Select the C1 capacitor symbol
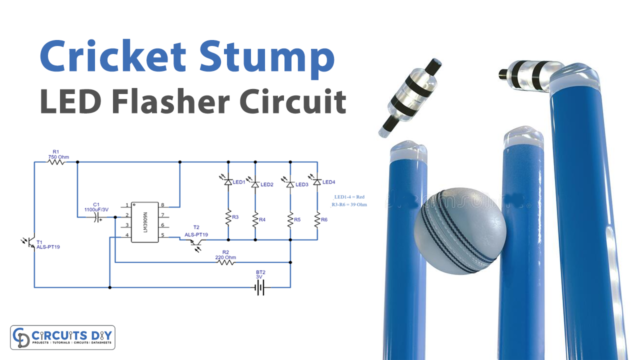[97, 217]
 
